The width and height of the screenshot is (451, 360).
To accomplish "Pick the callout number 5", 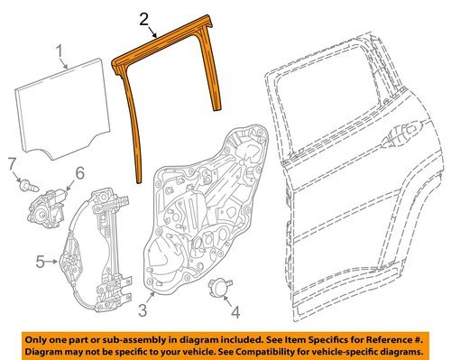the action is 40,263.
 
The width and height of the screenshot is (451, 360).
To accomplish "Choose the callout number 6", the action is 79,171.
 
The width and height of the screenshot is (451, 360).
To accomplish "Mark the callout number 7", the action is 13,164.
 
